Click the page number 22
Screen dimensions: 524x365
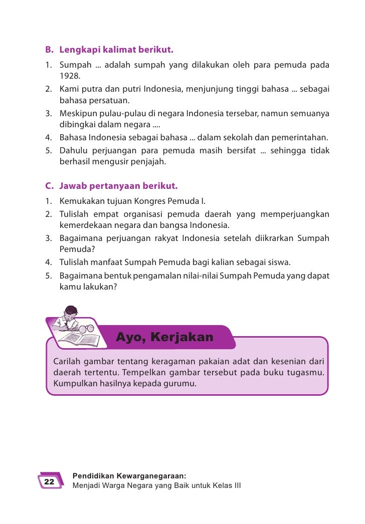(x=49, y=481)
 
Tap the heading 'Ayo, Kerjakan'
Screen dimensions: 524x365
(x=164, y=337)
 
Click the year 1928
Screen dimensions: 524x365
(x=70, y=77)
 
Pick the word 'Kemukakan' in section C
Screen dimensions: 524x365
(x=78, y=202)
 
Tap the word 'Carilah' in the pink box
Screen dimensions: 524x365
(x=67, y=362)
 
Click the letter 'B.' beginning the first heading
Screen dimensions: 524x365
(x=49, y=51)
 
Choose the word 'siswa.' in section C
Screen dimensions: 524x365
(x=280, y=262)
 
